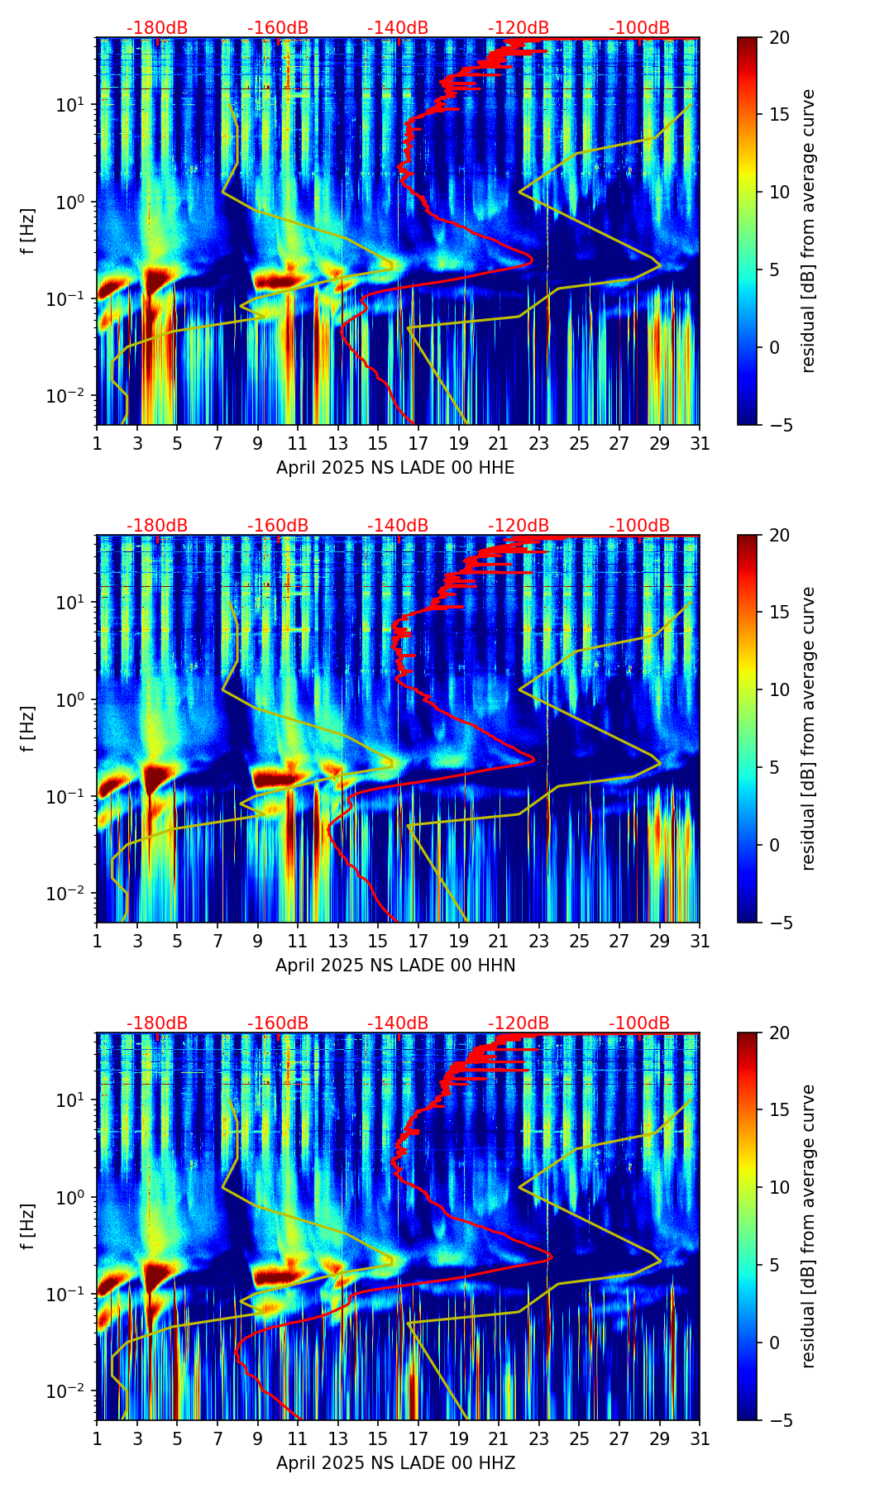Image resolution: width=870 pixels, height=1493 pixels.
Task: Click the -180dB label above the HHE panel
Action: click(x=157, y=28)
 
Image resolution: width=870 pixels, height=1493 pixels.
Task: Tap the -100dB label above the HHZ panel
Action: click(x=639, y=1023)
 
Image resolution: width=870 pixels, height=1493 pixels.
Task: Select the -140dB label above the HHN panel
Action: click(x=398, y=526)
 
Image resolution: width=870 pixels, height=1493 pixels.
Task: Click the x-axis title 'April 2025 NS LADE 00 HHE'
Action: click(x=395, y=468)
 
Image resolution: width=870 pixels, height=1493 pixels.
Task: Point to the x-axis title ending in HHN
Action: click(x=395, y=966)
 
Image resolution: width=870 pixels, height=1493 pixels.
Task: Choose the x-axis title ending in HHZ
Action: click(x=395, y=1463)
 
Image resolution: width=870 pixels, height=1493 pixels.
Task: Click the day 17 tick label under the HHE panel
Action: click(x=418, y=443)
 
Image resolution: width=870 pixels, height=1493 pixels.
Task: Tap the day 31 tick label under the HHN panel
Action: click(x=700, y=941)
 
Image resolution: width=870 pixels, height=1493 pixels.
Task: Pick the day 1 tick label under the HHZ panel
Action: click(x=97, y=1438)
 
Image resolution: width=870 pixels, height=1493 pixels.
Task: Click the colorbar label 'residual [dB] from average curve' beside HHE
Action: click(x=809, y=231)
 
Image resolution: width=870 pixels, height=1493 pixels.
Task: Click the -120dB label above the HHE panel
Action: click(x=519, y=28)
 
